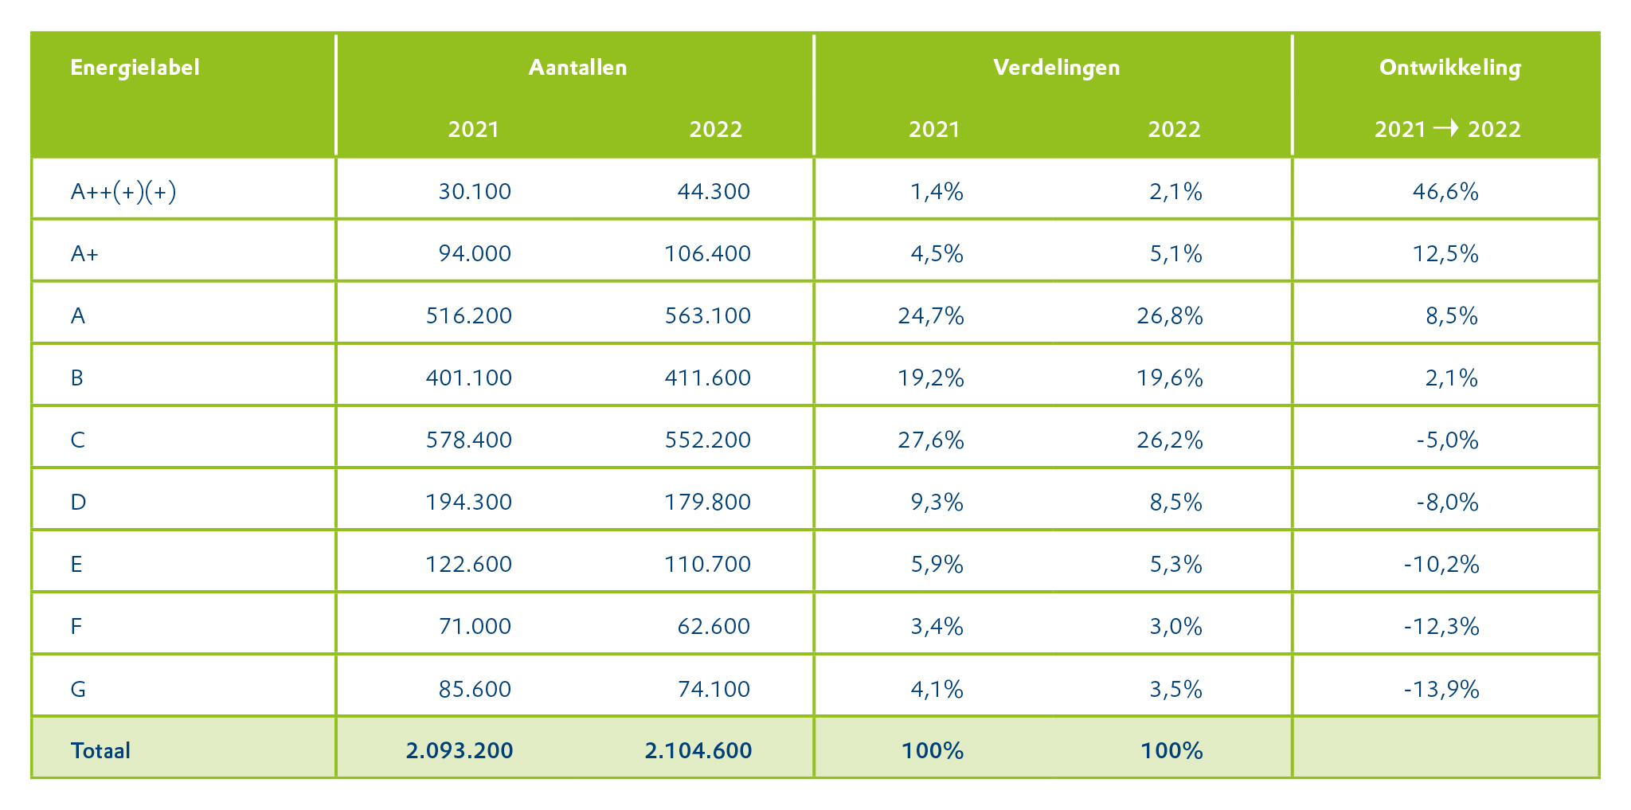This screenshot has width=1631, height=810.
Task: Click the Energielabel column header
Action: tap(135, 68)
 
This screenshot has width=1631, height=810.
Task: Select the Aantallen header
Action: tap(577, 68)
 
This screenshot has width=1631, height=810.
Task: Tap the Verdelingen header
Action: tap(1056, 68)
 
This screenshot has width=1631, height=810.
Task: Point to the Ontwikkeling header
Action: tap(1449, 68)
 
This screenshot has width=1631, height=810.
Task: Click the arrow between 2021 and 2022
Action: tap(1446, 128)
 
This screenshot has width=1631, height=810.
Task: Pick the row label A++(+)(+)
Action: tap(123, 192)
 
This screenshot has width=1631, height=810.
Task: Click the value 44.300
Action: tap(714, 192)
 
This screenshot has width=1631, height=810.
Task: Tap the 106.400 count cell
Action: tap(707, 254)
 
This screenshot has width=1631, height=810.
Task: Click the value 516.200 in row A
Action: tap(469, 316)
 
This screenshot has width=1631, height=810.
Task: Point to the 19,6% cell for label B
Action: tap(1170, 378)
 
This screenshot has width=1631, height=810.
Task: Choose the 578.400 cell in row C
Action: tap(469, 440)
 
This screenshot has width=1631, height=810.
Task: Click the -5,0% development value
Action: tap(1447, 440)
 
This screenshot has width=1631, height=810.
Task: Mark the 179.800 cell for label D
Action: tap(707, 503)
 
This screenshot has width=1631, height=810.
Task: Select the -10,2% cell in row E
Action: tap(1441, 565)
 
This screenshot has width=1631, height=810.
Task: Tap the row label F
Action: tap(76, 627)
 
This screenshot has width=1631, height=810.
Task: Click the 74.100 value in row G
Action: tap(714, 689)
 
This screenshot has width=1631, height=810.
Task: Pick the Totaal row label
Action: tap(100, 751)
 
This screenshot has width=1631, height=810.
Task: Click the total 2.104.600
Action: tap(698, 751)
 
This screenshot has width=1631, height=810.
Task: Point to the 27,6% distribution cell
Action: tap(931, 440)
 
